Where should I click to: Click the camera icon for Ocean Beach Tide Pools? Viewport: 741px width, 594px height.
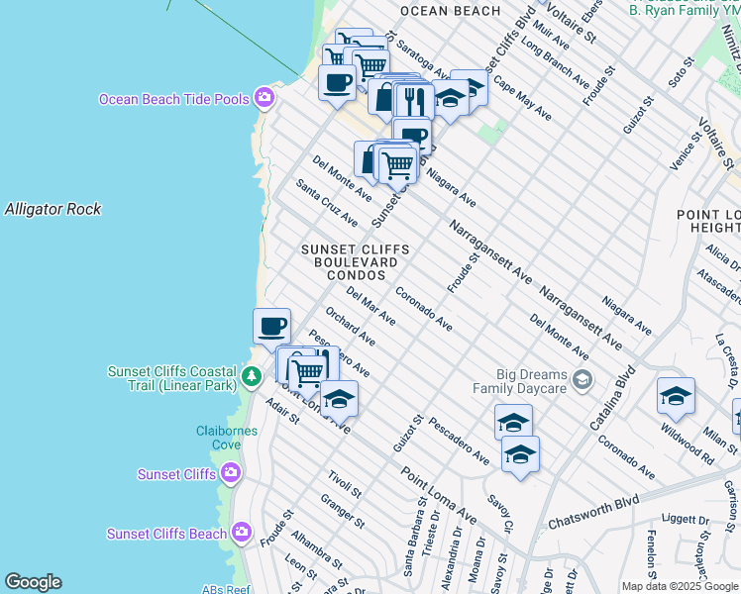tap(265, 98)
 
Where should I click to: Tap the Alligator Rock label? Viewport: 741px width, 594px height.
tap(53, 209)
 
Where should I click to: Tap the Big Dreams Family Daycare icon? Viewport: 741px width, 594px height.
tap(583, 379)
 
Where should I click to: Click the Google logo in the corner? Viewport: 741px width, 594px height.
tap(33, 582)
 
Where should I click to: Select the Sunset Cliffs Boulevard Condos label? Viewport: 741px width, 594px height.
tap(356, 262)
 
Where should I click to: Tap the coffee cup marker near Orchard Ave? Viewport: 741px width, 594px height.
tap(271, 325)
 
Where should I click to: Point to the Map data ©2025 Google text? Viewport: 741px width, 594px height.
tap(680, 586)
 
